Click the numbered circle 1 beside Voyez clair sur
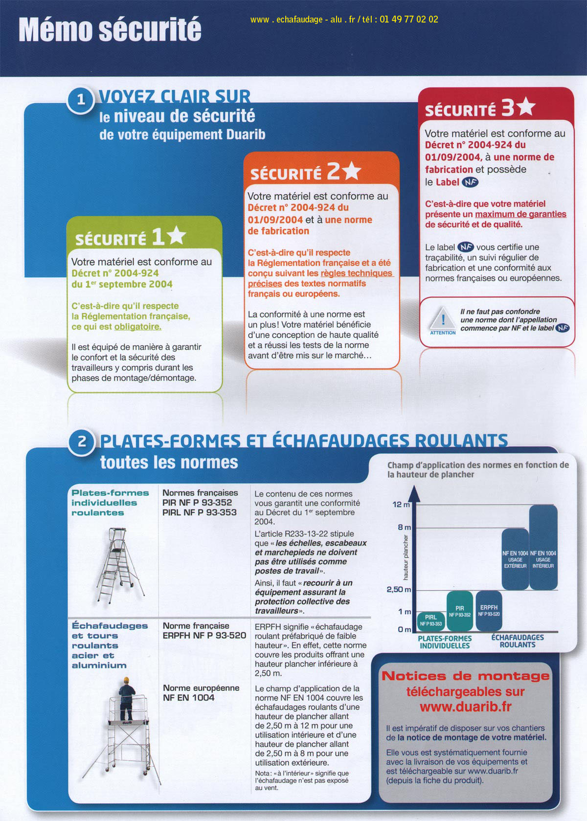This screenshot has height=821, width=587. [81, 100]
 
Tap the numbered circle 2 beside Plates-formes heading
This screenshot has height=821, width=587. [82, 442]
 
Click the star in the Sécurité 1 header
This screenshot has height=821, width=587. [176, 236]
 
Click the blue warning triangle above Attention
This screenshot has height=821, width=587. [443, 318]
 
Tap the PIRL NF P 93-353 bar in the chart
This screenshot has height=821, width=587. [430, 620]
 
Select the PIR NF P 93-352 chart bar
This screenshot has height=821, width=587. [459, 611]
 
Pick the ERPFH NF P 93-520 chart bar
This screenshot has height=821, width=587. [489, 610]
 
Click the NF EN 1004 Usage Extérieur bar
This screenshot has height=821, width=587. [515, 559]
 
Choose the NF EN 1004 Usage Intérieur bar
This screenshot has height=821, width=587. [543, 548]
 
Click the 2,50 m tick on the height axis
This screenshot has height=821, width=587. [399, 589]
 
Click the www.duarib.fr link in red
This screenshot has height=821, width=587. [465, 707]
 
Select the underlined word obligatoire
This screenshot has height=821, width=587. [137, 327]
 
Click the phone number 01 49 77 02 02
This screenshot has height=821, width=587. [408, 20]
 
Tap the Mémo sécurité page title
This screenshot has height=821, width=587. [110, 29]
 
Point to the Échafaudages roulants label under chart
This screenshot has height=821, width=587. [518, 641]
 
